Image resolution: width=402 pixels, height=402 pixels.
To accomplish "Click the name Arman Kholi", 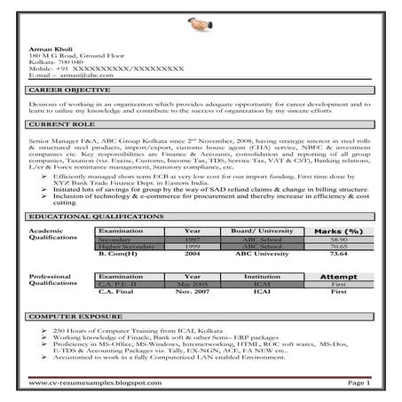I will (x=47, y=50).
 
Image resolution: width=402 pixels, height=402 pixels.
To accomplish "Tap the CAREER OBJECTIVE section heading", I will (x=69, y=91).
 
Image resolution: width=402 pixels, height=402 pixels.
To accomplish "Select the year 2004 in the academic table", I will (x=192, y=254).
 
